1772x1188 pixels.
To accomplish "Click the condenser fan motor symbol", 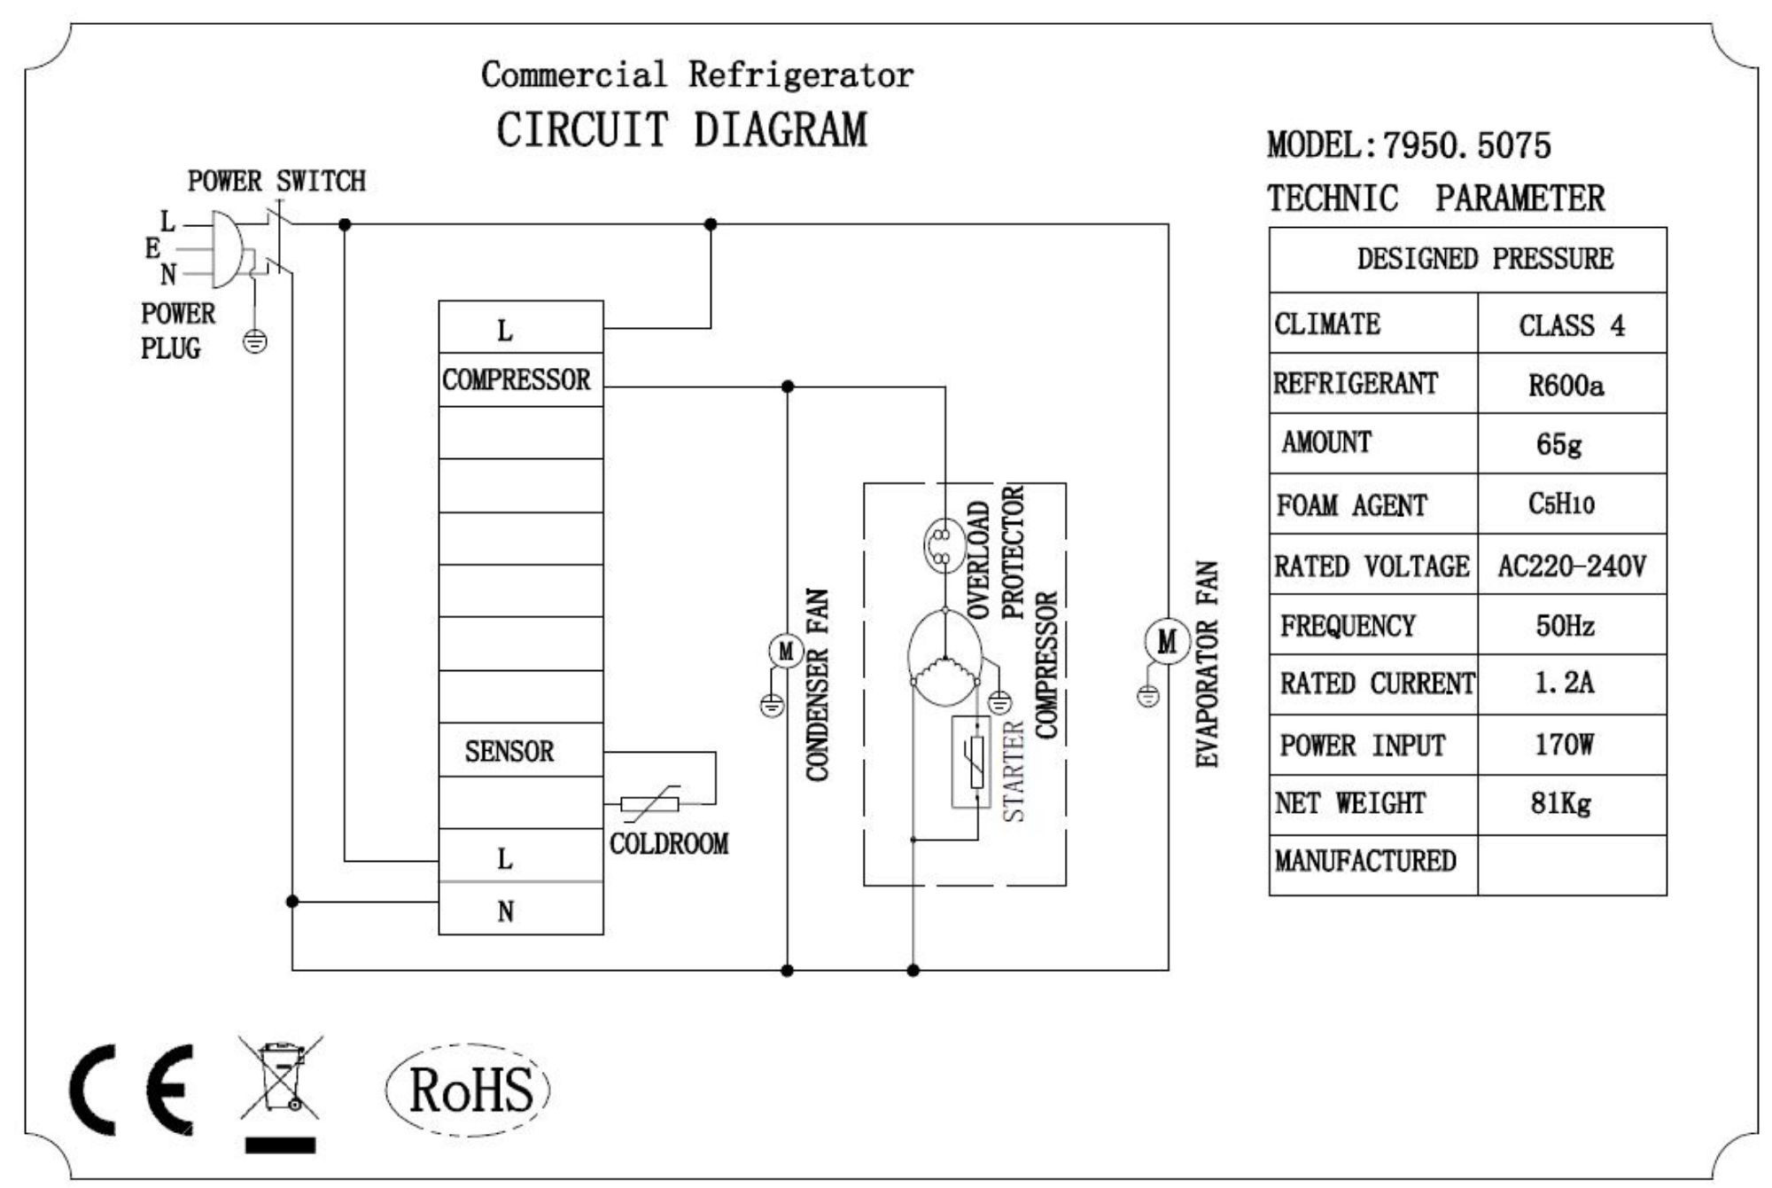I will tap(786, 652).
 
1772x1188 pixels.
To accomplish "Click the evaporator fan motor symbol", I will tap(1167, 641).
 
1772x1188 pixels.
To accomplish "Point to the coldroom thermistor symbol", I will tap(650, 803).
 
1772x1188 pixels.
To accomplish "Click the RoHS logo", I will tap(469, 1090).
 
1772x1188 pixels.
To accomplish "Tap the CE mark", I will tap(132, 1090).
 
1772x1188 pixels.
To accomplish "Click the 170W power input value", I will tap(1565, 744).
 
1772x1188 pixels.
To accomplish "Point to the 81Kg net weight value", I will tap(1561, 803).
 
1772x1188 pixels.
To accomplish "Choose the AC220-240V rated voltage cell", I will tap(1571, 565).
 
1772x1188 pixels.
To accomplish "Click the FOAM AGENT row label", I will tap(1352, 505).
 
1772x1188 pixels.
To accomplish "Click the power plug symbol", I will tap(227, 249).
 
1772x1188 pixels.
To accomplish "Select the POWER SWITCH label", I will tap(276, 182).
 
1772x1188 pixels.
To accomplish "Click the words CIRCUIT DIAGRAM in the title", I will tap(681, 130).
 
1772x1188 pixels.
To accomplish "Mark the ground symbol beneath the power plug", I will tap(255, 341).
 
